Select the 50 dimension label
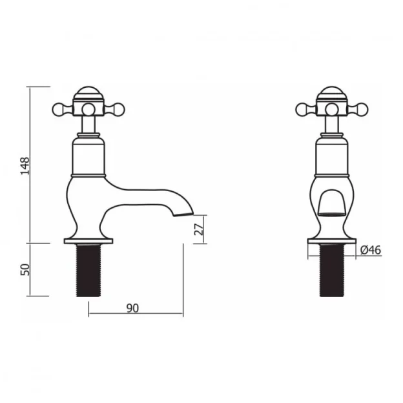pos(25,269)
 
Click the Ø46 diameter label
pos(369,249)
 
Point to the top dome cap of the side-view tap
pos(89,91)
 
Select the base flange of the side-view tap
pos(89,242)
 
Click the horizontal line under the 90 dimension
pos(136,315)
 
